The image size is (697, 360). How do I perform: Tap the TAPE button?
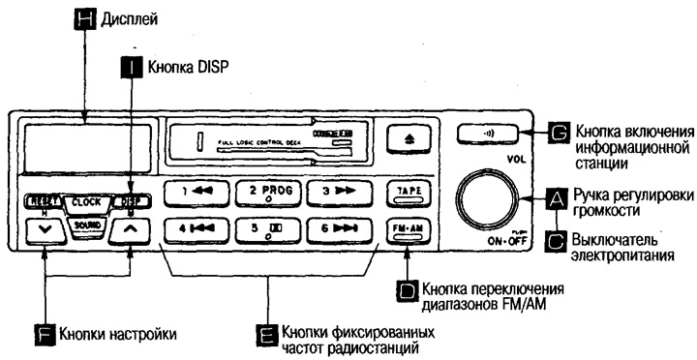click(x=407, y=191)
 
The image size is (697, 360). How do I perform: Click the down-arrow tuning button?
click(x=45, y=230)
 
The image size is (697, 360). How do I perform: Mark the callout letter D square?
click(x=408, y=287)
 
